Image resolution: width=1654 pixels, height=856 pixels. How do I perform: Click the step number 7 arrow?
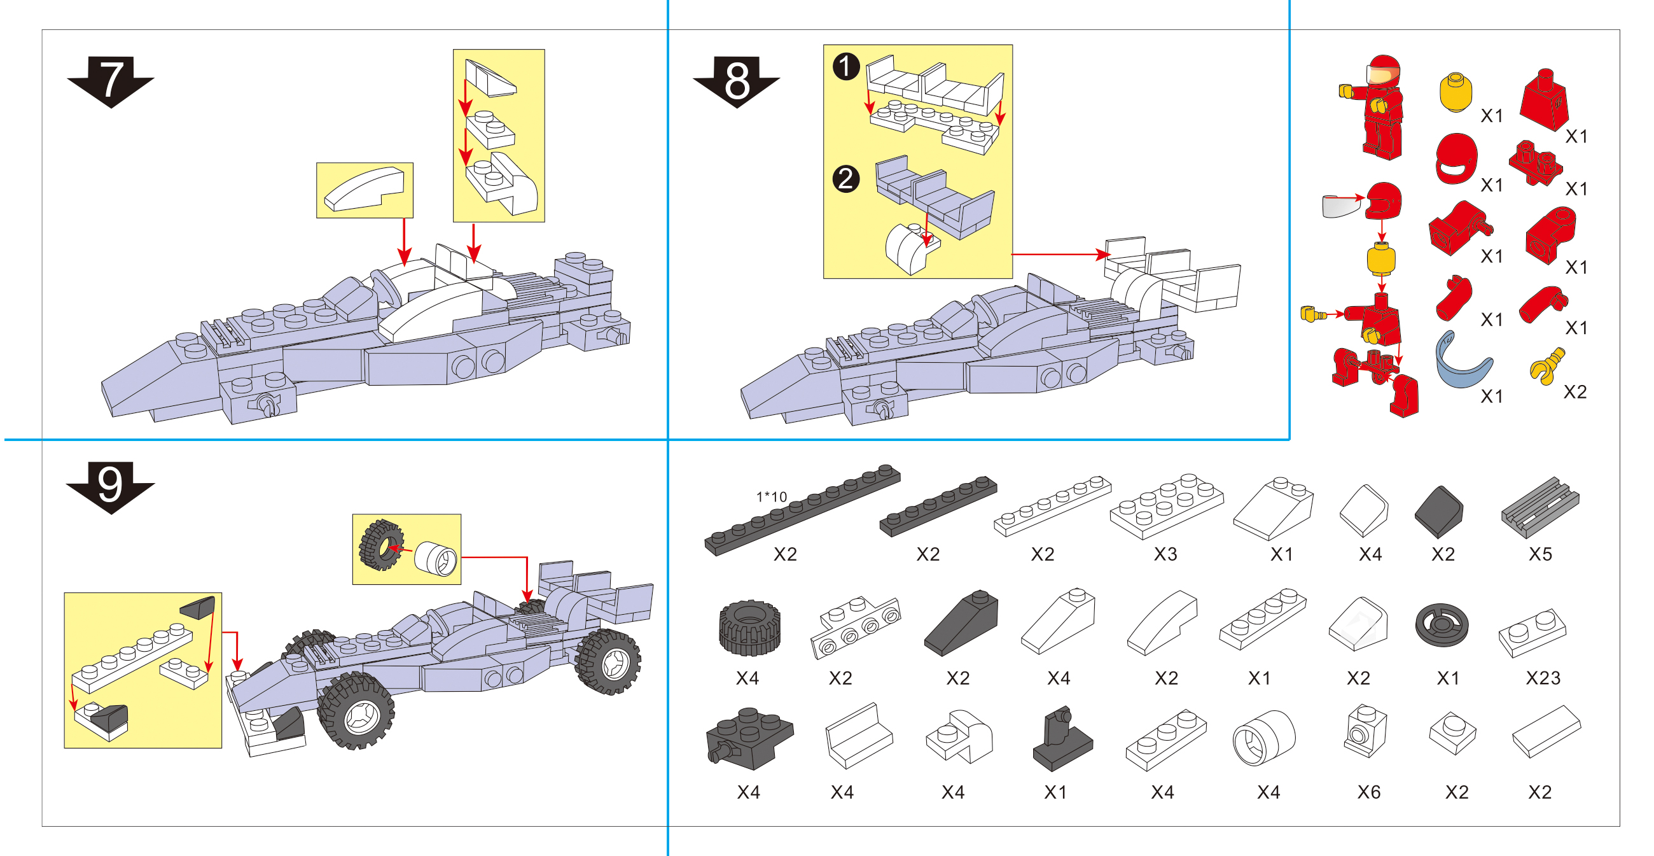point(111,81)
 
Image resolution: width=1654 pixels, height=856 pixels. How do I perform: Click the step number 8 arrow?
point(737,81)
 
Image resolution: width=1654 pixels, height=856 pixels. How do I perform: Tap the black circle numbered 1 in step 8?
point(845,67)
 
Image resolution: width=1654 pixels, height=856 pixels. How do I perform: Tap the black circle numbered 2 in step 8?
point(845,179)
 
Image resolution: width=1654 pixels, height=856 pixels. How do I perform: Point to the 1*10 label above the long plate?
point(771,496)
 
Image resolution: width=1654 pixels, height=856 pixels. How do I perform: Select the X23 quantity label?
point(1542,677)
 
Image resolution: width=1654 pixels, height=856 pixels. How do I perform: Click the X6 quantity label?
point(1368,792)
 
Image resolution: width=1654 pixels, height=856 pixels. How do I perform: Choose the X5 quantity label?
point(1539,554)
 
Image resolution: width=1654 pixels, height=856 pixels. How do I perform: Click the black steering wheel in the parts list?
point(1442,624)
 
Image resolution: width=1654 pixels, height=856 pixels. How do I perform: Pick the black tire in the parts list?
point(749,628)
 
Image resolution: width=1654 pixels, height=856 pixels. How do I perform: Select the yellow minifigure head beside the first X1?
point(1455,93)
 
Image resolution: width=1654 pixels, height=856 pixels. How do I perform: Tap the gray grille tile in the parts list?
point(1539,507)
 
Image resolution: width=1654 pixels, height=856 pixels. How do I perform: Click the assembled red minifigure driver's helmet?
point(1384,71)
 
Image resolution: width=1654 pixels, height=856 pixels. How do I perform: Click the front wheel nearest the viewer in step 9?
point(357,710)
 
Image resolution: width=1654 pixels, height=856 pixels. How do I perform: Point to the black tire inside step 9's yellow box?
point(381,545)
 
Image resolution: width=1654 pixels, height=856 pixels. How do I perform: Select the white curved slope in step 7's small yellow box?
point(365,189)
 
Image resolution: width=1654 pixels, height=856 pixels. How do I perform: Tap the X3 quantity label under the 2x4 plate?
point(1165,554)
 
